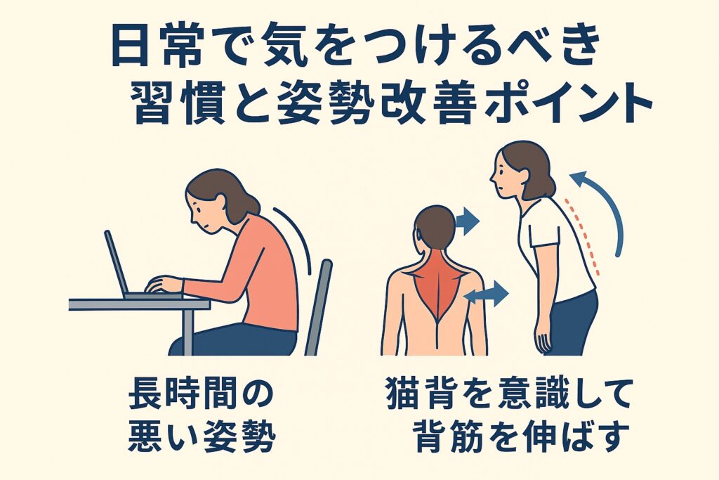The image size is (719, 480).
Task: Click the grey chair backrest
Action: [x=319, y=307]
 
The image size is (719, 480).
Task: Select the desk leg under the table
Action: [x=187, y=330]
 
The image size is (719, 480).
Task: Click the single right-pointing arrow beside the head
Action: [x=467, y=221]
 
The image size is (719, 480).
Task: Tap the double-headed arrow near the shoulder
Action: [x=487, y=294]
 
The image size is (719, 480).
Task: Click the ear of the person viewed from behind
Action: [x=418, y=234]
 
